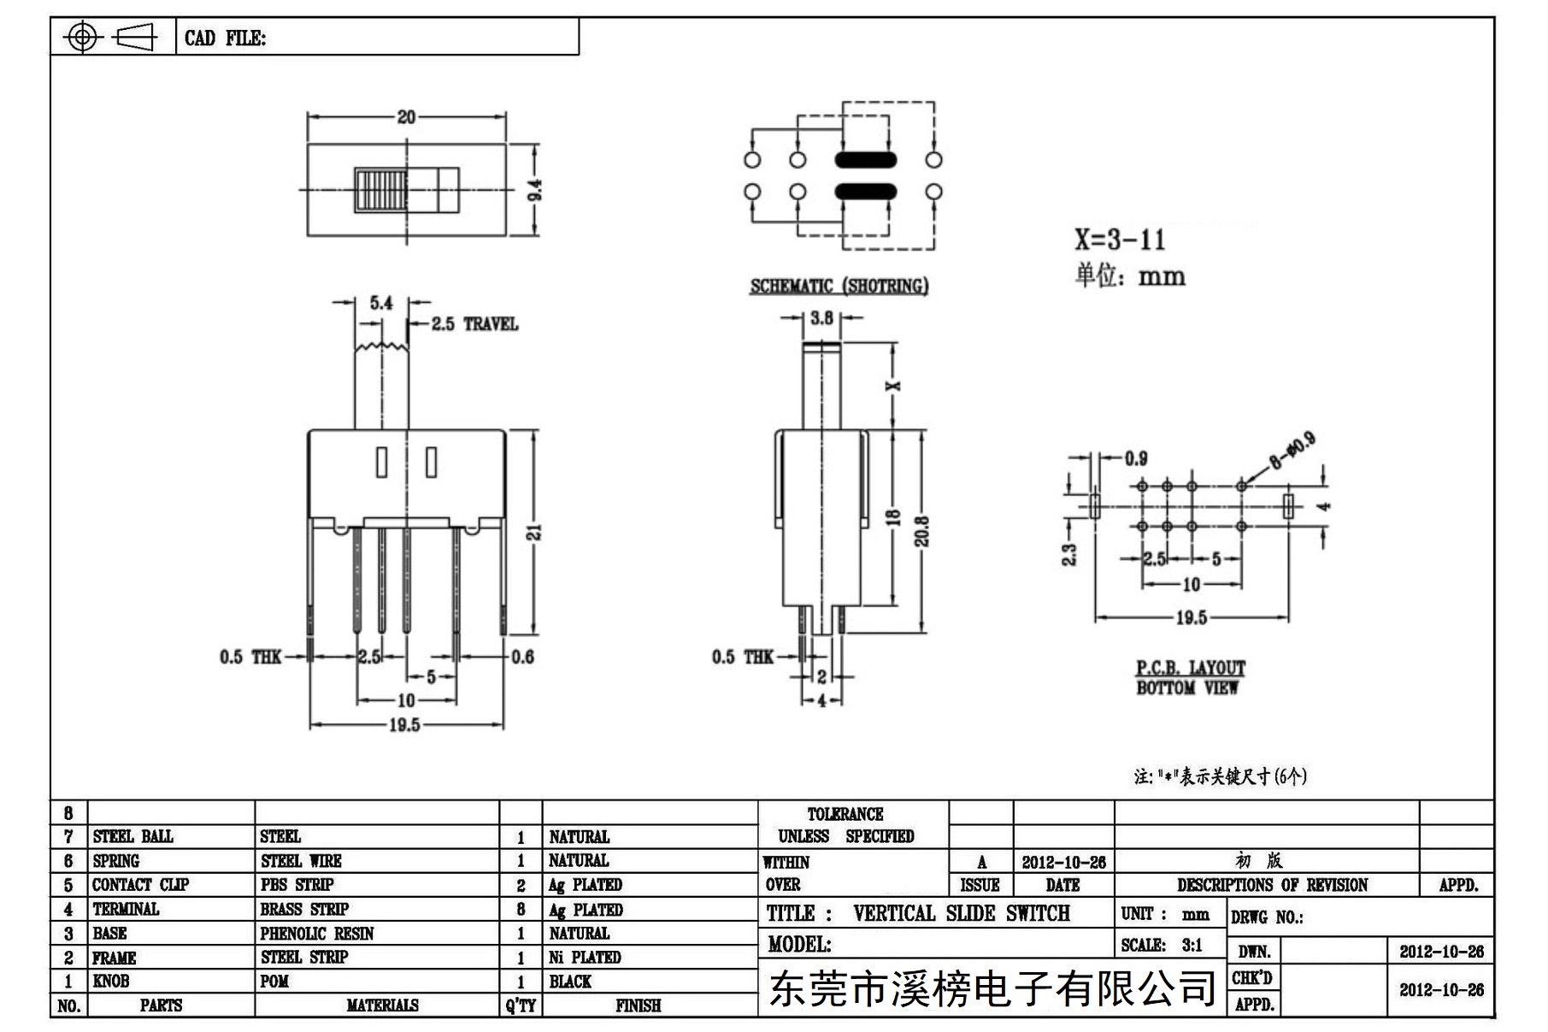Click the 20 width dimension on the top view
click(x=406, y=116)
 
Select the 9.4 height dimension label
click(x=536, y=189)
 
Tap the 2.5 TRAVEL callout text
click(x=474, y=324)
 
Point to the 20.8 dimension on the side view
click(x=921, y=531)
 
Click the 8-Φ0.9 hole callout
click(x=1292, y=451)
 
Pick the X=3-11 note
click(x=1120, y=239)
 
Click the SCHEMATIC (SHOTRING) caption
click(x=839, y=286)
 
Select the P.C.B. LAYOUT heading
click(x=1190, y=668)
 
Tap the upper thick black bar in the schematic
click(x=865, y=160)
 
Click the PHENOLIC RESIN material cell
click(x=317, y=934)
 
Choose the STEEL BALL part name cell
click(x=132, y=836)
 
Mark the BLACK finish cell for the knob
click(x=570, y=982)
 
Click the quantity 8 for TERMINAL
click(x=521, y=910)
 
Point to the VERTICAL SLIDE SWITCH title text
click(x=961, y=913)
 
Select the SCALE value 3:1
click(x=1192, y=946)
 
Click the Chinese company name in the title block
click(x=992, y=989)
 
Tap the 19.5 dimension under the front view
click(x=404, y=725)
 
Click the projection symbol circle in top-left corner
click(x=82, y=37)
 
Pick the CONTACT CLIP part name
click(x=140, y=885)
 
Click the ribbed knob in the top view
click(x=380, y=190)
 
